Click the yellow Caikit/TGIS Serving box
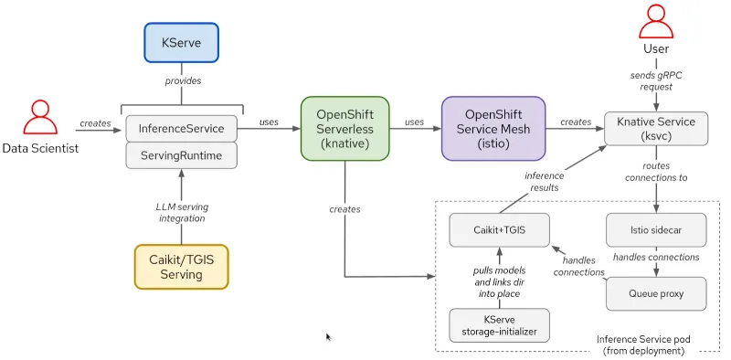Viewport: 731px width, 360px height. (180, 265)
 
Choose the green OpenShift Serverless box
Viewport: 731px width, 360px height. (344, 129)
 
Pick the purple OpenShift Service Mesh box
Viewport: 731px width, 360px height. (493, 129)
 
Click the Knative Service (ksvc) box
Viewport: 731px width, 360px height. (657, 129)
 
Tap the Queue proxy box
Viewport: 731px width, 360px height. (656, 293)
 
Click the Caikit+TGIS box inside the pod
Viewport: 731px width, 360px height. (500, 228)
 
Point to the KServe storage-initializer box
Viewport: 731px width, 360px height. (500, 325)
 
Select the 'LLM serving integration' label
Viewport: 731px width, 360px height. (180, 212)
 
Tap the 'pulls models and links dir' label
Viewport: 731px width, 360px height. (499, 277)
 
